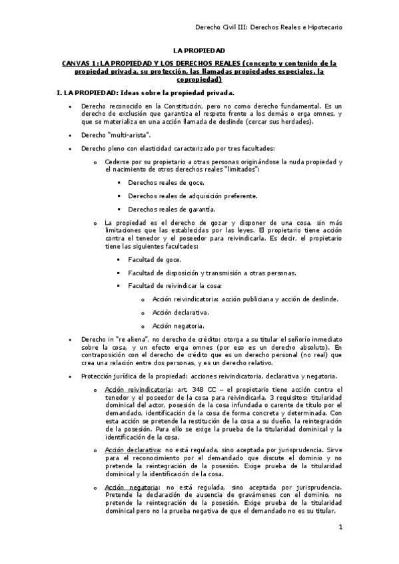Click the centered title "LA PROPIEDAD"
click(x=199, y=50)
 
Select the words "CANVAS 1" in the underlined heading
click(x=80, y=64)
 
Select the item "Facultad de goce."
click(x=155, y=259)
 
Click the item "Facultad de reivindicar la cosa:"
click(x=175, y=285)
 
